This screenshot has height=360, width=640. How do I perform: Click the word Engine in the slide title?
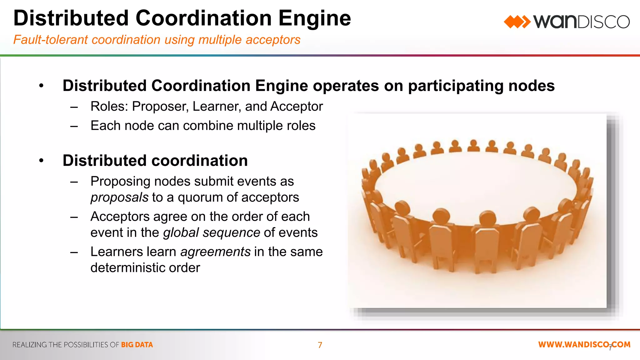[314, 18]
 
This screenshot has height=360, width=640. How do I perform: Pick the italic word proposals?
[119, 197]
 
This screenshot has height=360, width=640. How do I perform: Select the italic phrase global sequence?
[212, 232]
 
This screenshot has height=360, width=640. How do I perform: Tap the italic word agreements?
[215, 252]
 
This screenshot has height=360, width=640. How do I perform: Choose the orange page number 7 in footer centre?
[320, 345]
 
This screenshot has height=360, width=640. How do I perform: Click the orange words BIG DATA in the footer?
[137, 345]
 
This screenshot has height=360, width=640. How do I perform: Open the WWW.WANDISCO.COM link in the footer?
[584, 345]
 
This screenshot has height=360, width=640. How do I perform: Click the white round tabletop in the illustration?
[475, 184]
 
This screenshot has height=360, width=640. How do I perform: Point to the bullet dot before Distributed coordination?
[41, 161]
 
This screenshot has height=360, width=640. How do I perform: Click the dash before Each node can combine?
[74, 126]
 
